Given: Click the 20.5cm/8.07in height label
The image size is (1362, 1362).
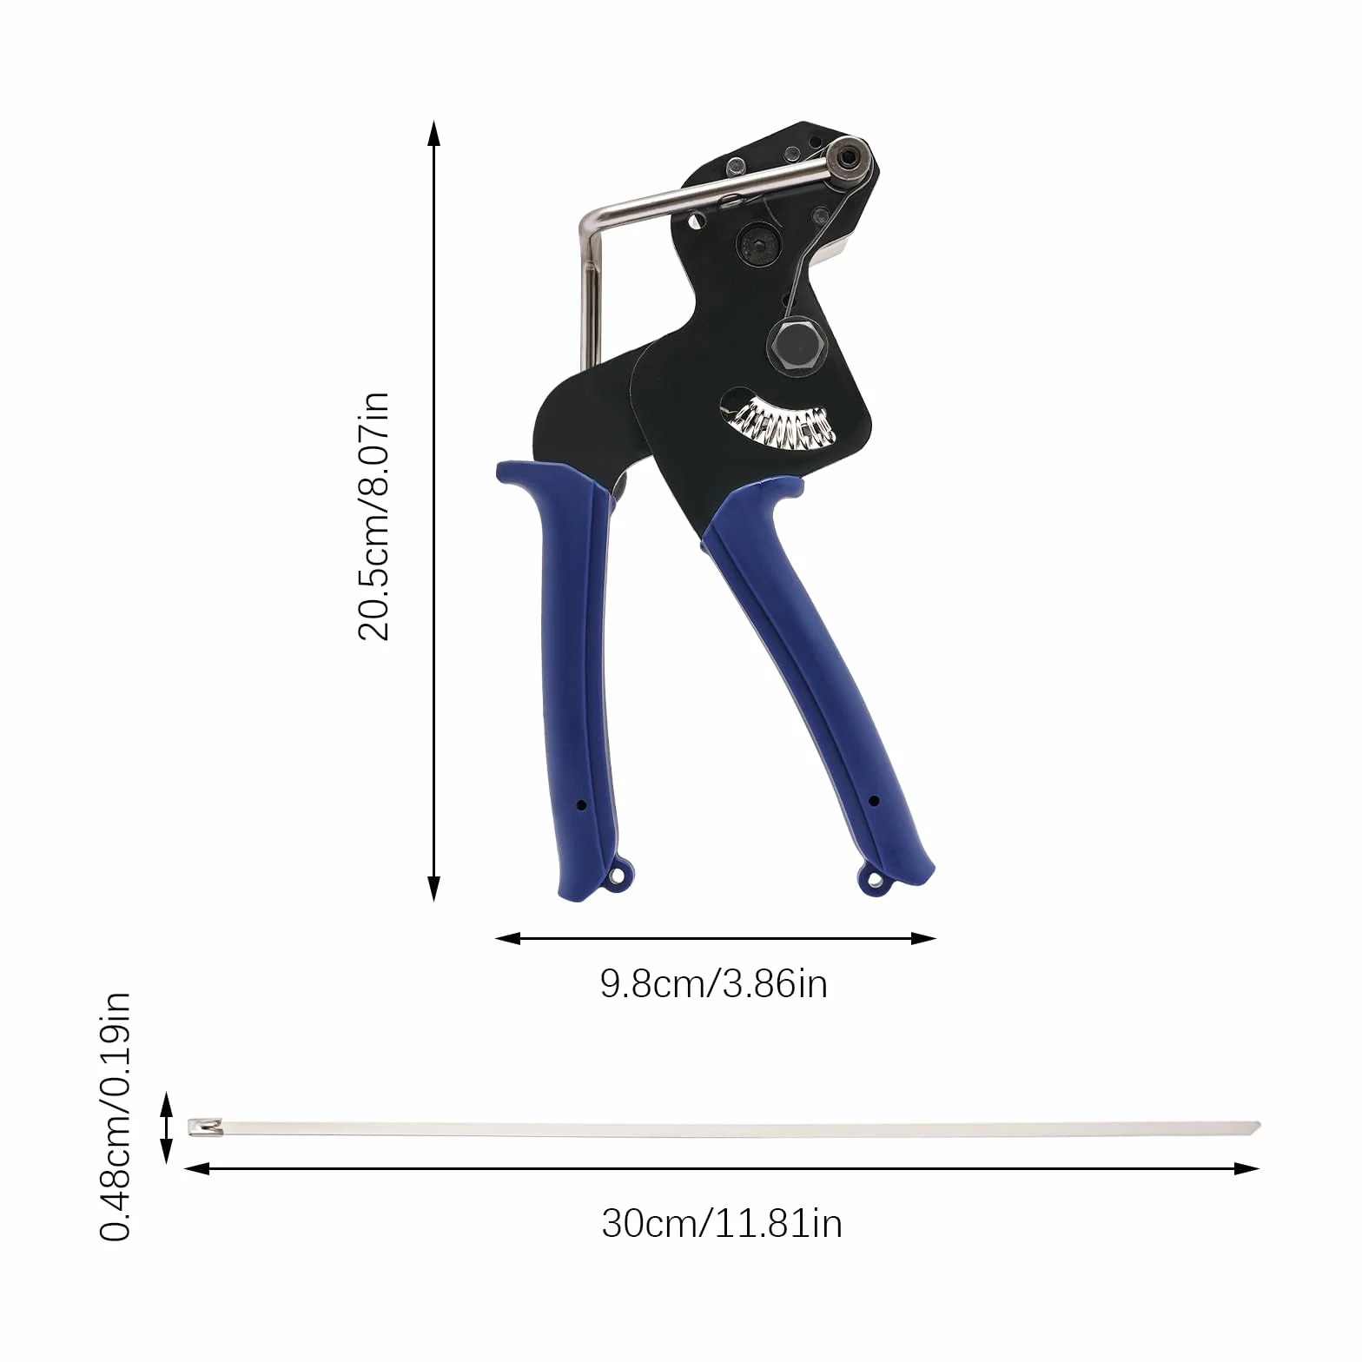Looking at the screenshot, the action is tap(374, 516).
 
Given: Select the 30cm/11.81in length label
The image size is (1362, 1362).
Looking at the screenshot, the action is tap(722, 1223).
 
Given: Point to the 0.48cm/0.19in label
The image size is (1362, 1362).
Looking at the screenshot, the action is tap(116, 1116).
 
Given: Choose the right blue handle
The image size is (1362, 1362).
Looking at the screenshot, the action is tap(817, 678).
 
